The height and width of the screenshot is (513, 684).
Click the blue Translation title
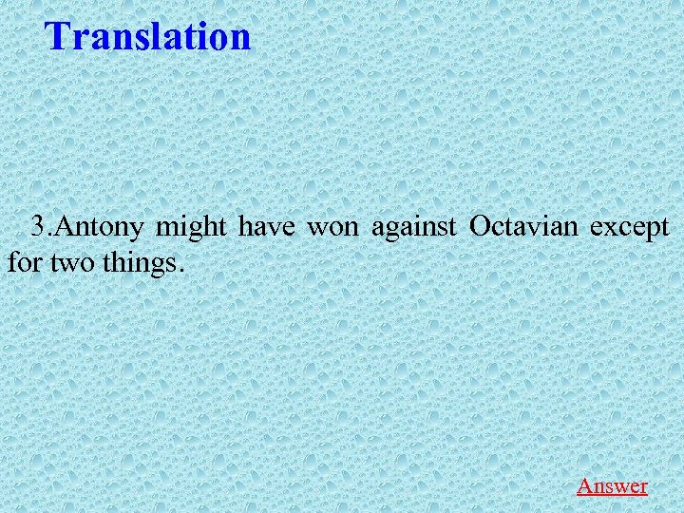click(x=148, y=36)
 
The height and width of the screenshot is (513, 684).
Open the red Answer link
click(x=612, y=485)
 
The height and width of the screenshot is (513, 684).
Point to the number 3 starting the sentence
click(x=38, y=227)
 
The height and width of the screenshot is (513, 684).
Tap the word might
click(x=191, y=228)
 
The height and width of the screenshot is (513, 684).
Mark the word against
click(x=414, y=228)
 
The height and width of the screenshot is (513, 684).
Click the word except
click(x=630, y=228)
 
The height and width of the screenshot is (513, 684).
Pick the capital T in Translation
click(x=58, y=36)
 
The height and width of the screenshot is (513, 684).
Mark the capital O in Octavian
click(x=480, y=228)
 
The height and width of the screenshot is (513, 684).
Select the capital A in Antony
click(x=66, y=228)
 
